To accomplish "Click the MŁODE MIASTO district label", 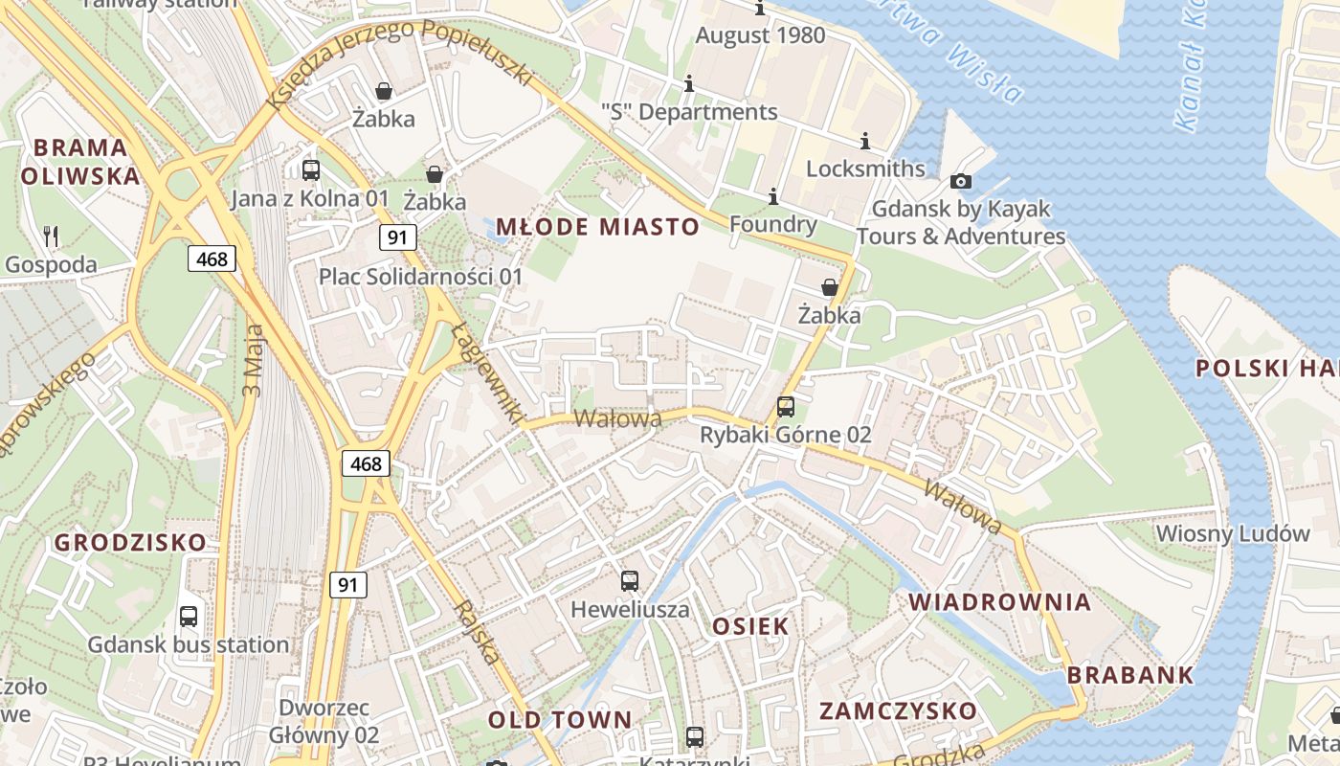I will coord(598,227).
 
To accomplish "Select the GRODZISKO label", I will coord(130,543).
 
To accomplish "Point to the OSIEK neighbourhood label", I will coord(750,627).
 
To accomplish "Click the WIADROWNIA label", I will coord(999,602).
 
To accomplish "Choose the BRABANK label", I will coord(1130,675).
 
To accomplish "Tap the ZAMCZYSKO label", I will coord(898,711).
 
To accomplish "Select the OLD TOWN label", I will coord(560,720).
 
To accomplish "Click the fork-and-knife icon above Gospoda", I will coord(52,236).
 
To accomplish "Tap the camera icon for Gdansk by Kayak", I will coord(961,181).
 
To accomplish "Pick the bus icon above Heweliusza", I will coord(630,580).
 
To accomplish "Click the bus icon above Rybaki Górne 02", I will coord(786,406).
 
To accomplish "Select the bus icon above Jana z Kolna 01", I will coord(311,170).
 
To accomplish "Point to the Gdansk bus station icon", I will coord(189,616).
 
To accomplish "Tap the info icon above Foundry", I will coord(773,197).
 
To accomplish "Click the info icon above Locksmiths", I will coord(865,142).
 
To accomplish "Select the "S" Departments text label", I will coord(689,112).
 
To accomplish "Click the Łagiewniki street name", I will coord(487,372).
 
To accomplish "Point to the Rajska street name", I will coord(477,632).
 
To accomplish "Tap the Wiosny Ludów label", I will coord(1233,533).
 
